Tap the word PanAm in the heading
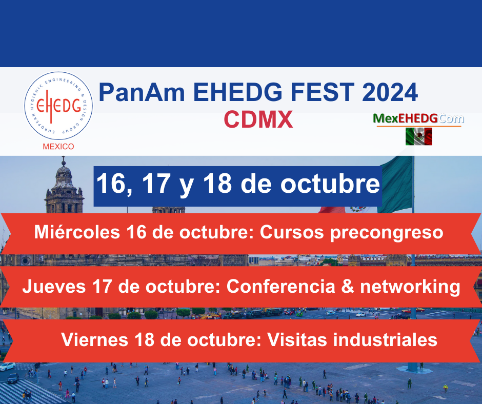(142, 92)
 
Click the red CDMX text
(258, 119)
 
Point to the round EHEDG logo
(58, 106)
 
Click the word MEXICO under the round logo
(58, 146)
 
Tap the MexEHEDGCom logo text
(418, 118)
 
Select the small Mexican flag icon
(419, 136)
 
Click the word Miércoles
(77, 232)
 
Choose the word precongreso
(387, 233)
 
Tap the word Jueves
(54, 286)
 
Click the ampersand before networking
(348, 286)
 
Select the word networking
(410, 287)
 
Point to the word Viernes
(95, 340)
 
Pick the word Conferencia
(280, 286)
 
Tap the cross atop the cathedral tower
(63, 160)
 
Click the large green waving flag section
(396, 185)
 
